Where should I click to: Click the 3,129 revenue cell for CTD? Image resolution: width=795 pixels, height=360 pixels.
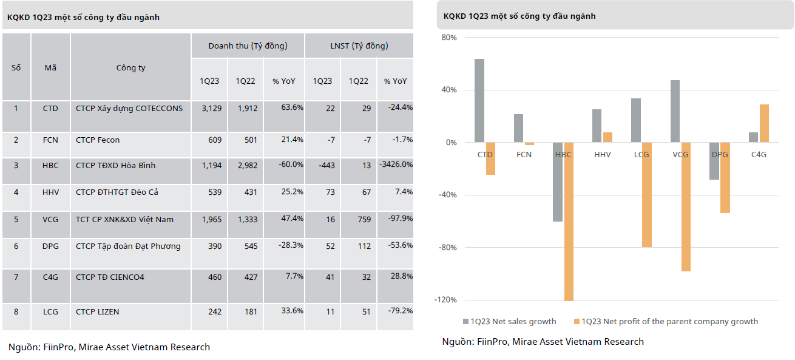(209, 109)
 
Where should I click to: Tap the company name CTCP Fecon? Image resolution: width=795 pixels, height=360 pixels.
(98, 140)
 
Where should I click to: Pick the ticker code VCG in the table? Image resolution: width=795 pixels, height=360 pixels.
(50, 219)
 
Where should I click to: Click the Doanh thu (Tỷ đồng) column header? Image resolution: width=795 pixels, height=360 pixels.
(248, 46)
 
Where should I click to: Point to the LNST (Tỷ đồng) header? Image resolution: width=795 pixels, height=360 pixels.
(359, 46)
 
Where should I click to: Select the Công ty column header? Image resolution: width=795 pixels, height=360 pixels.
(130, 68)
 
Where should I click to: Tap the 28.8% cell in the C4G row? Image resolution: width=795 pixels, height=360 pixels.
(401, 276)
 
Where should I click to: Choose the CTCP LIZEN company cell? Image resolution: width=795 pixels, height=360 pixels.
(98, 312)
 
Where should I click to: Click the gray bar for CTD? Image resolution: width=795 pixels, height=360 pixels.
(479, 101)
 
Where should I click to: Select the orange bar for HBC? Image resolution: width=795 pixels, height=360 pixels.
(569, 222)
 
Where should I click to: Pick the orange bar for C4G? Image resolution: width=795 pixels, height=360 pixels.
(764, 124)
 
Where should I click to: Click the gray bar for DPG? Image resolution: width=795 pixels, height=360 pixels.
(714, 161)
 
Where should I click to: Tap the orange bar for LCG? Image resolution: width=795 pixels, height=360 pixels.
(647, 195)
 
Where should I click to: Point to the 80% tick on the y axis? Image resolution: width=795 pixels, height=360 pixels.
(448, 38)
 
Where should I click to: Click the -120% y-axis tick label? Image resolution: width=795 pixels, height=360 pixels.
(446, 300)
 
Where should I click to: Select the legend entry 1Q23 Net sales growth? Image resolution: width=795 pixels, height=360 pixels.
(509, 322)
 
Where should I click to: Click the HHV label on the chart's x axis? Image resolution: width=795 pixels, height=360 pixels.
(602, 155)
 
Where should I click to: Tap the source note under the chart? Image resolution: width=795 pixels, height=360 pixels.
(543, 342)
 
